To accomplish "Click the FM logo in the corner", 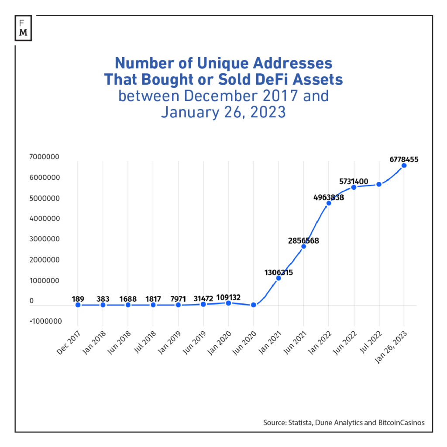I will coord(23,28).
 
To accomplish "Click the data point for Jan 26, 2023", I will coord(404,165).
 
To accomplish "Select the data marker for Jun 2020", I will coord(253,305).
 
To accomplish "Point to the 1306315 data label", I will coord(279,272).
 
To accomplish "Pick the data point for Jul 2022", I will coord(379,184).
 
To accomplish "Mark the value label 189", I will coord(78,299).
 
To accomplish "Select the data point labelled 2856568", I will coord(304,246).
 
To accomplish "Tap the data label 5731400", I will coord(354,181).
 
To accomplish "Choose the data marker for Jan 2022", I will coord(329,203).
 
